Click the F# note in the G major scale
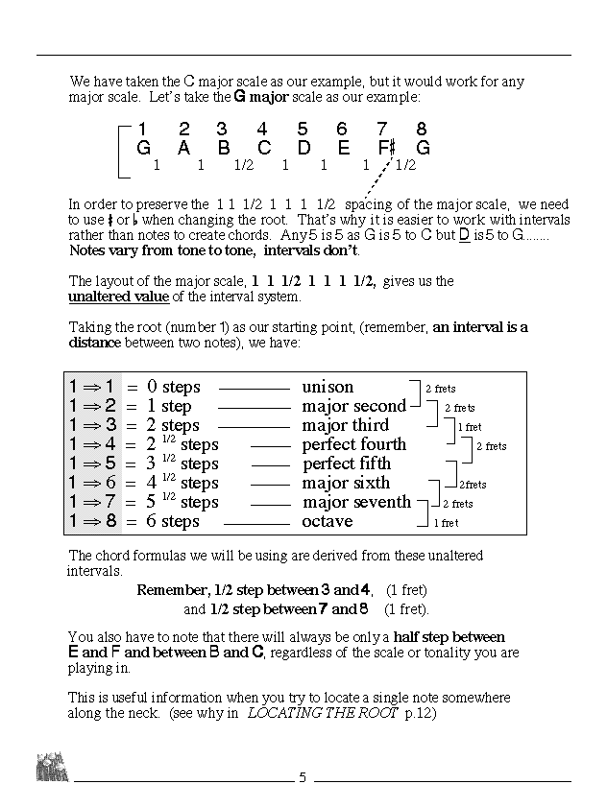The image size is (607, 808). [x=386, y=149]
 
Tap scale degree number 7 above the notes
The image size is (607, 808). [x=382, y=130]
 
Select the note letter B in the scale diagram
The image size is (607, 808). [x=223, y=149]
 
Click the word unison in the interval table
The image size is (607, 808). [x=328, y=387]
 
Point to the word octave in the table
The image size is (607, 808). [x=327, y=521]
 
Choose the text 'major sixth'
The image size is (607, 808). [x=346, y=483]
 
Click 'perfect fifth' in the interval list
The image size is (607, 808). [x=347, y=463]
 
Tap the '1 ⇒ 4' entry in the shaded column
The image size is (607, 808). [x=93, y=444]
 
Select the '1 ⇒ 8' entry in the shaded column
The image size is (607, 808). [x=93, y=521]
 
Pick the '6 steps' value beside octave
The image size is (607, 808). [x=173, y=521]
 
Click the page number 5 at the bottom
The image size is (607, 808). [x=303, y=777]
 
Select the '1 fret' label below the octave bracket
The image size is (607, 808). [x=446, y=523]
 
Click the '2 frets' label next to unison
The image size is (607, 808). [x=440, y=389]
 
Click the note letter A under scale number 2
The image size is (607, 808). [x=183, y=149]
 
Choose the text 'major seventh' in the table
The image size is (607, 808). [x=356, y=502]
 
